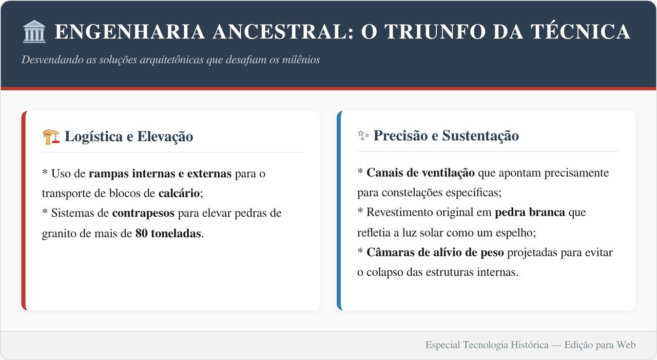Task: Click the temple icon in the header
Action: click(34, 31)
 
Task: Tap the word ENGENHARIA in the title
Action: click(130, 32)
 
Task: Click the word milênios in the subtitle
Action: click(301, 60)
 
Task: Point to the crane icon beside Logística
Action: click(51, 137)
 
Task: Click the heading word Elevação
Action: click(165, 137)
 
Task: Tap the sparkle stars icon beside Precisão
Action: click(363, 136)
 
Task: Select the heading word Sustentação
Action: click(480, 136)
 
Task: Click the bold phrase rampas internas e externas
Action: click(160, 174)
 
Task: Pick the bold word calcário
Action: click(179, 193)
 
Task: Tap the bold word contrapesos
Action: click(143, 213)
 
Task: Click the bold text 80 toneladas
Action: click(168, 234)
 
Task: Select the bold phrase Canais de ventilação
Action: click(420, 173)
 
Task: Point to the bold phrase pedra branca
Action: click(530, 212)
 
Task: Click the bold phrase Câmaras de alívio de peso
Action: click(435, 253)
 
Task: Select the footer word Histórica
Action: click(530, 345)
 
